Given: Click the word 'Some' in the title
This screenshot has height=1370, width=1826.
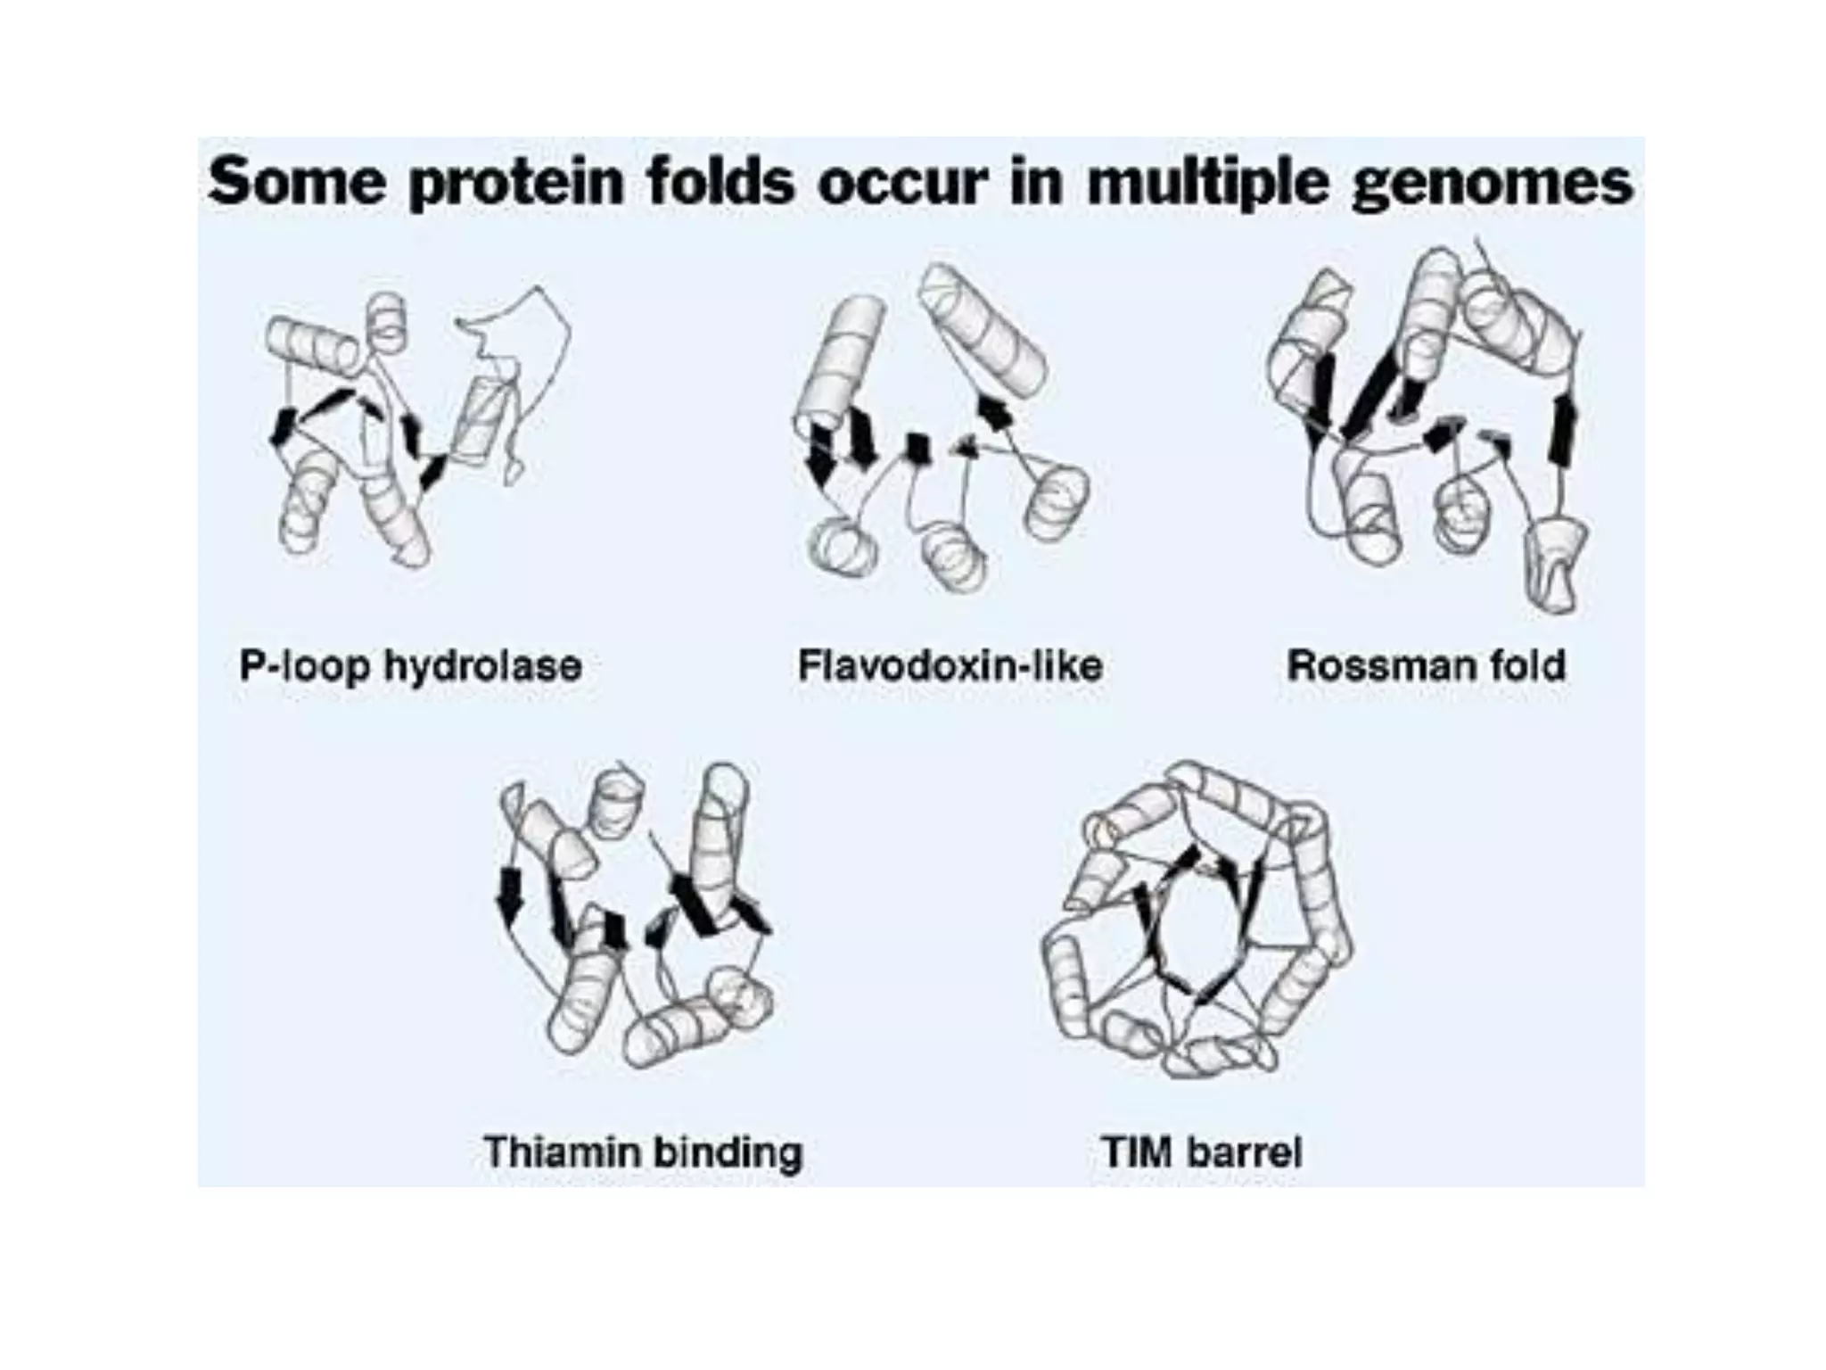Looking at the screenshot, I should click(297, 182).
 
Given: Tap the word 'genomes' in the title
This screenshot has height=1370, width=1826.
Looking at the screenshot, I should click(1492, 184).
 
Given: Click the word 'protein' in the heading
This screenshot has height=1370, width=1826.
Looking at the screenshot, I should click(517, 184).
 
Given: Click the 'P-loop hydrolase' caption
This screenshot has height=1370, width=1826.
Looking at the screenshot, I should click(410, 666).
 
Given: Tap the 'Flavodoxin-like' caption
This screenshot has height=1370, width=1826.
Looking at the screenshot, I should click(950, 666).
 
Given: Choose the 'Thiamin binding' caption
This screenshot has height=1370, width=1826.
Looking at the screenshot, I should click(643, 1151).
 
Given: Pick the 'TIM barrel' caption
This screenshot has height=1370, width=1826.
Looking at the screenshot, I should click(1202, 1151).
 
